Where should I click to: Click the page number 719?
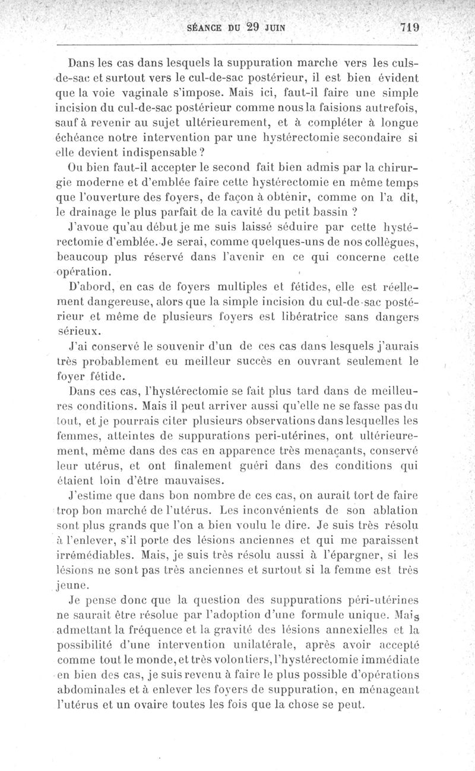410,27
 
